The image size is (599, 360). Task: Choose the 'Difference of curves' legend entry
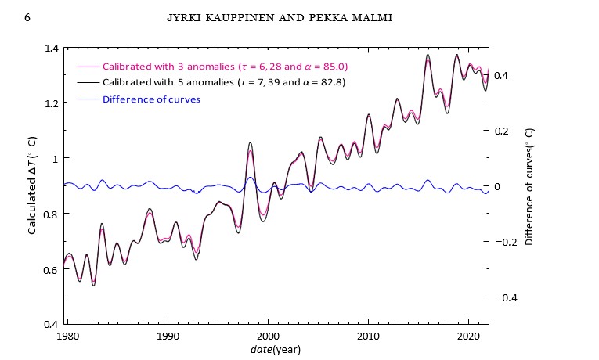point(150,99)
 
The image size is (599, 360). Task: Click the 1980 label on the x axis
point(67,335)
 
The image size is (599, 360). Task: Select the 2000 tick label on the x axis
point(268,335)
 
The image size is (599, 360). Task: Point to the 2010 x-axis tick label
point(368,335)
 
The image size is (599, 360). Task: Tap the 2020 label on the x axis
point(468,335)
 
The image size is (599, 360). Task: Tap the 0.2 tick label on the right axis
point(510,131)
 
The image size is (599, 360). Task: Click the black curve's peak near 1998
point(250,143)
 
